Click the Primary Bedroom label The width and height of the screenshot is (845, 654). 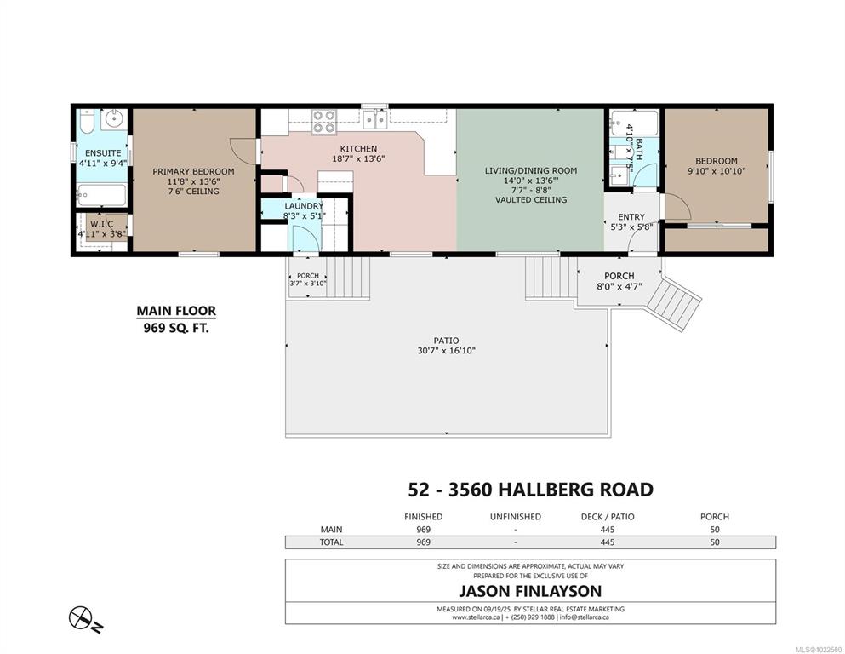point(193,171)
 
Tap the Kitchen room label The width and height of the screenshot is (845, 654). point(358,149)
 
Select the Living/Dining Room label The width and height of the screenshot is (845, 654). point(531,170)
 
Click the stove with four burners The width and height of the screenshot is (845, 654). point(324,121)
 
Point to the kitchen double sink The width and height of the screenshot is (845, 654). point(375,119)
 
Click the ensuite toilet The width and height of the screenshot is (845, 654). point(86,121)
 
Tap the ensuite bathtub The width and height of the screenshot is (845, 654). point(101,195)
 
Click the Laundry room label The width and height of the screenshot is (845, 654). point(304,206)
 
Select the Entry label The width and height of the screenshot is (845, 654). point(631,217)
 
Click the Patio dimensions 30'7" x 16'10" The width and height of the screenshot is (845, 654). point(446,351)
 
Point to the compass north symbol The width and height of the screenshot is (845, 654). point(82,617)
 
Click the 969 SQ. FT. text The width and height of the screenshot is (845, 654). point(175,327)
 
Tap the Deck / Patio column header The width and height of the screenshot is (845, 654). point(608,517)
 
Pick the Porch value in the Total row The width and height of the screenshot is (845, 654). point(715,542)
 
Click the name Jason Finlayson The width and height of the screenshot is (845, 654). point(530,591)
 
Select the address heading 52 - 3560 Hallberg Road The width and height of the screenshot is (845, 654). point(530,490)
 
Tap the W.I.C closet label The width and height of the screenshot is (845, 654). point(102,224)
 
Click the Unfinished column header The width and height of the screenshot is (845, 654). point(515,517)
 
